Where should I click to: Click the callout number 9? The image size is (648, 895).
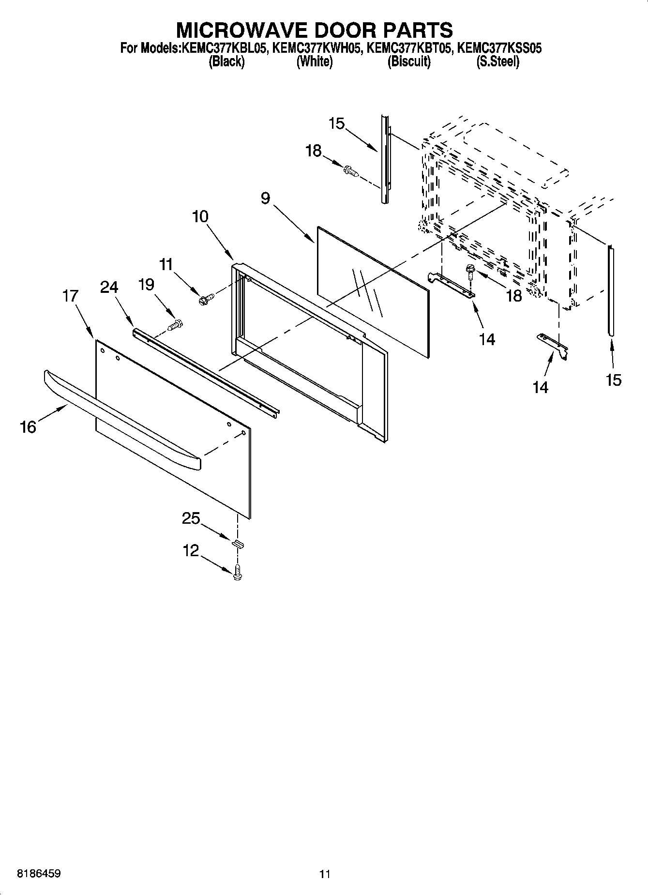coord(265,198)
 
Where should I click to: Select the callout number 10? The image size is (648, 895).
coord(200,216)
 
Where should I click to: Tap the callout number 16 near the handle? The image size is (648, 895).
coord(28,427)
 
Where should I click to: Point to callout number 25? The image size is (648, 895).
coord(191,518)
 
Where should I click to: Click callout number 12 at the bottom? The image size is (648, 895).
coord(191,550)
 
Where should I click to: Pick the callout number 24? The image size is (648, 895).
coord(109,287)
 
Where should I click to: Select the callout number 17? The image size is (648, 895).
coord(71,295)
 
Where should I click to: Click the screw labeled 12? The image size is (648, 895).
coord(237,572)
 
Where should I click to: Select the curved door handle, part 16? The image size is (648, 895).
coord(121,421)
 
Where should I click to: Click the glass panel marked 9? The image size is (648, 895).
coord(373,290)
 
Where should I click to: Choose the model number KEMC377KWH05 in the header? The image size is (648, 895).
coord(315,48)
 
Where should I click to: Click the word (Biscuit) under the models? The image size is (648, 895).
coord(409,62)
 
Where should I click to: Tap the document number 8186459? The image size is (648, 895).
coord(39,874)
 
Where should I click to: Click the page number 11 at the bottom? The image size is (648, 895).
coord(325,874)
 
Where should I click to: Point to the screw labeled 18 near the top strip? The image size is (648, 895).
coord(351,171)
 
